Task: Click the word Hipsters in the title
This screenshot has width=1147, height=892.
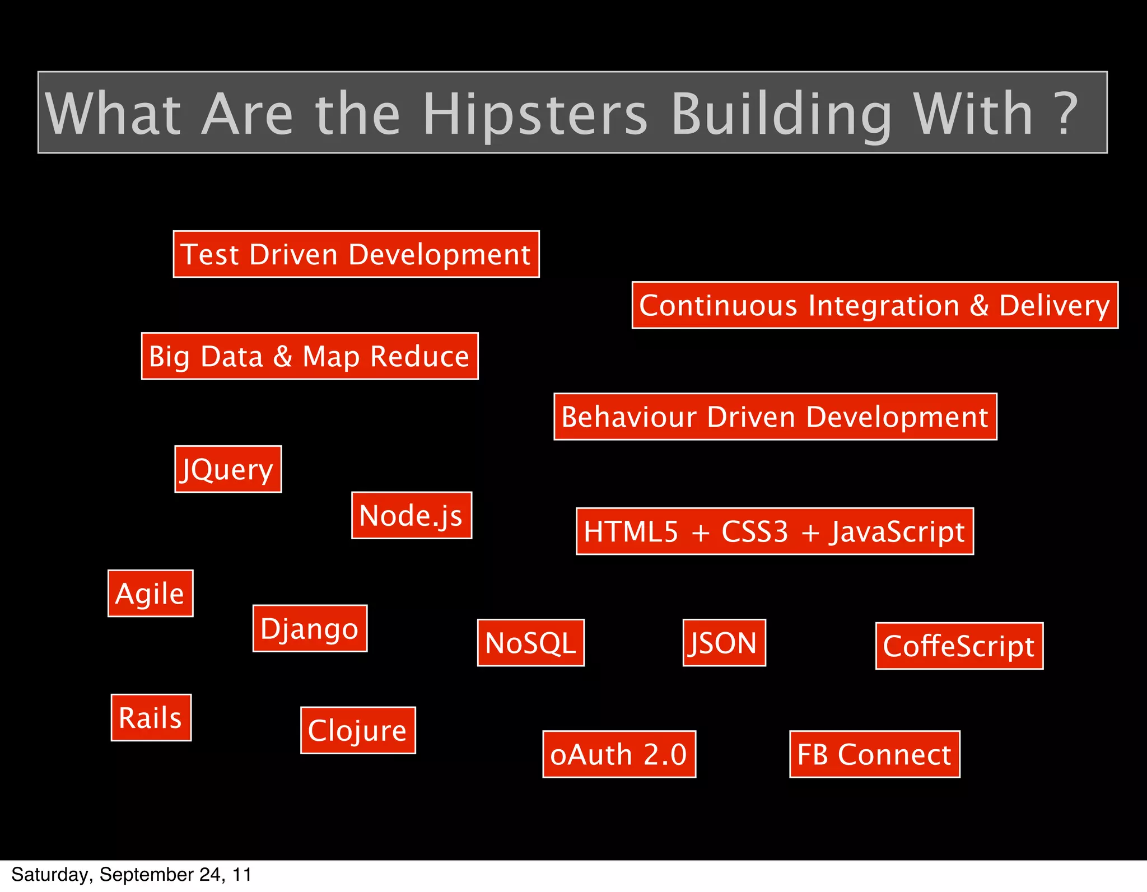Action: pos(535,114)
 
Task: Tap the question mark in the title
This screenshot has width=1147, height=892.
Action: pos(1067,114)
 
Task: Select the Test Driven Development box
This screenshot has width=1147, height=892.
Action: pos(356,254)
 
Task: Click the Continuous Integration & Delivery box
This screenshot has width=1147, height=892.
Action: pos(875,305)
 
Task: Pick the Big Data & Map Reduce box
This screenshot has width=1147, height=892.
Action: pos(310,356)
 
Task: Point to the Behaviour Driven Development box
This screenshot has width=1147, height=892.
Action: pos(775,417)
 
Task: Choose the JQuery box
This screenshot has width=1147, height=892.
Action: pos(228,469)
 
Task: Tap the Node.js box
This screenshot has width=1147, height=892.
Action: pos(412,515)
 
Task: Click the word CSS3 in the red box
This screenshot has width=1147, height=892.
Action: pos(754,531)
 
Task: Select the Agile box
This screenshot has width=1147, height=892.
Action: pos(150,594)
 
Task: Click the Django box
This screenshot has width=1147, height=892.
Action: pos(310,628)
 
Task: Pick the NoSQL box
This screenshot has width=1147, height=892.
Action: pos(530,643)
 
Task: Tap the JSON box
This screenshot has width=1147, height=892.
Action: pos(724,643)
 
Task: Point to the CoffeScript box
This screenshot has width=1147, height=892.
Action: pos(959,646)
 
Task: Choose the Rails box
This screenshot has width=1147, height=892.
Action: pos(151,717)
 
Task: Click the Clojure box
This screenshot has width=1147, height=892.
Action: pos(358,730)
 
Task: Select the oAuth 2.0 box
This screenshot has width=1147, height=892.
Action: pos(619,754)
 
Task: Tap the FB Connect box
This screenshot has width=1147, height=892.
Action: pos(874,754)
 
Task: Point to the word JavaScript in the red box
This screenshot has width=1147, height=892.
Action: pos(897,531)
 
